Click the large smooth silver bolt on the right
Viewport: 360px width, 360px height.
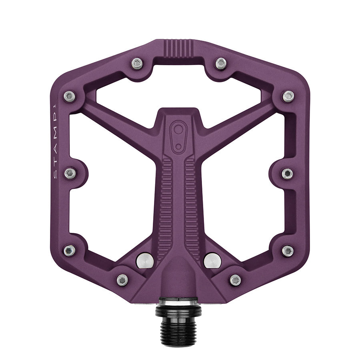point(212,260)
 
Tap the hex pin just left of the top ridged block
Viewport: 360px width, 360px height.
point(137,63)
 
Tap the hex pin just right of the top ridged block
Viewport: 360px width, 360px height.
point(221,63)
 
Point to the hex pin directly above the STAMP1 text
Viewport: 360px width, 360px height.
point(70,96)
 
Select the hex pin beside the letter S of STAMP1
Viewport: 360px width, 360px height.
point(70,173)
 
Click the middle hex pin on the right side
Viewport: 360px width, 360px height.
point(287,173)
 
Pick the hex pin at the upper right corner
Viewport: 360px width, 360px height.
point(288,96)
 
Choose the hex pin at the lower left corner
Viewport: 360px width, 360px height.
point(69,250)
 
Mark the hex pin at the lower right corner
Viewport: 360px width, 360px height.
point(288,251)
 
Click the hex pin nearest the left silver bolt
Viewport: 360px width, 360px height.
point(122,280)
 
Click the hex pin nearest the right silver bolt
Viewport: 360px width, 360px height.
point(235,280)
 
